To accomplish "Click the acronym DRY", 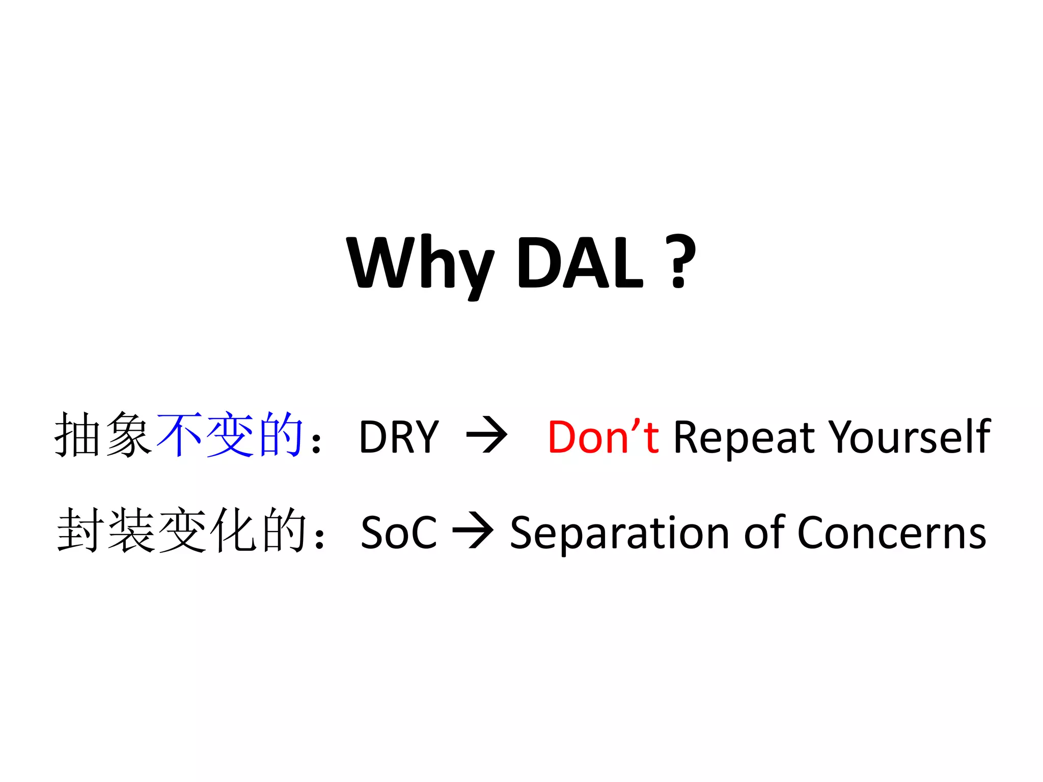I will coord(399,436).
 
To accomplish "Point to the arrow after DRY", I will coord(487,435).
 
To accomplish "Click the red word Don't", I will coord(603,436).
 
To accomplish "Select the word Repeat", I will coord(744,437).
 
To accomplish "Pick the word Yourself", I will coord(909,436).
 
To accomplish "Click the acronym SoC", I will coord(399,533).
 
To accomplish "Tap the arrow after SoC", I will coord(473,532).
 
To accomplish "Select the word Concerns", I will coord(891,533).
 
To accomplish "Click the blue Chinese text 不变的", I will coord(230,435).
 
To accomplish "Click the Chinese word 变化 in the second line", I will coord(209,531).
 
